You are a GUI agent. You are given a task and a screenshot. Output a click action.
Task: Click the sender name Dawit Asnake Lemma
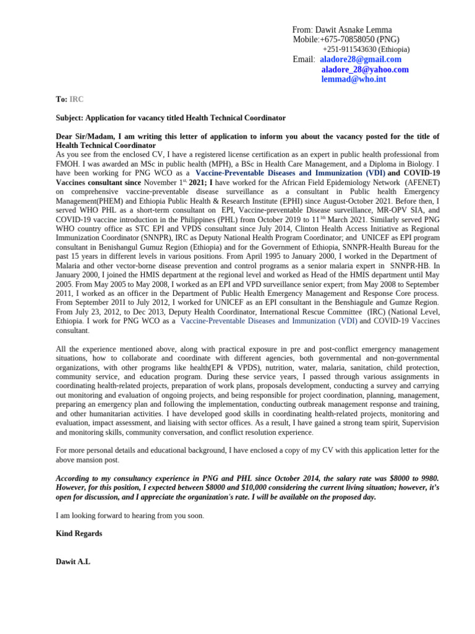point(353,30)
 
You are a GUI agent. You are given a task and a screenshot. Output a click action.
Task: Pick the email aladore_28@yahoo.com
point(365,69)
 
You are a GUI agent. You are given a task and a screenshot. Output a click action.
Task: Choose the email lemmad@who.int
point(353,79)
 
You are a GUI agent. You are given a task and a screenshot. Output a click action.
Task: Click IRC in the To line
point(76,99)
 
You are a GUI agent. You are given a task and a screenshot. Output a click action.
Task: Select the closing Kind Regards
point(79,533)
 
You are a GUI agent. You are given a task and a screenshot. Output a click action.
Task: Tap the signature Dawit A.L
point(73,562)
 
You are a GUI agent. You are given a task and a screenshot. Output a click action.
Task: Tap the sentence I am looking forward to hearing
point(130,516)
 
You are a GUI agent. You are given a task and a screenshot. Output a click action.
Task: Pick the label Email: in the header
point(304,59)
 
